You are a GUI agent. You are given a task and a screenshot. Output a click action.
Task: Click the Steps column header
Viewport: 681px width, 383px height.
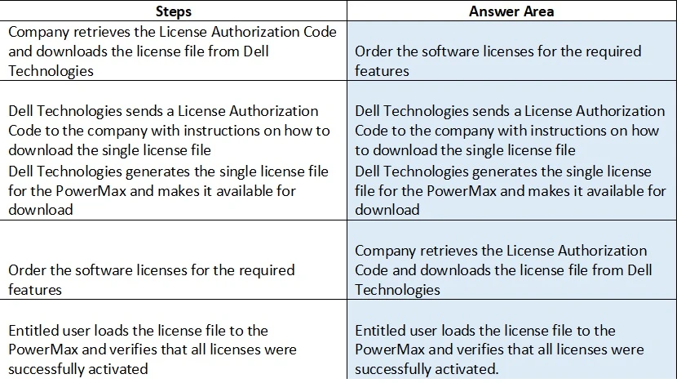pyautogui.click(x=173, y=11)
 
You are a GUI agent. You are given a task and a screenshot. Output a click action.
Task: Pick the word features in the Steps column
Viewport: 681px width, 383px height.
pyautogui.click(x=35, y=290)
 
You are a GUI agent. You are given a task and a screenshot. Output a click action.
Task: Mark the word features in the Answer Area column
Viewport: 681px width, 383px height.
pyautogui.click(x=382, y=71)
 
